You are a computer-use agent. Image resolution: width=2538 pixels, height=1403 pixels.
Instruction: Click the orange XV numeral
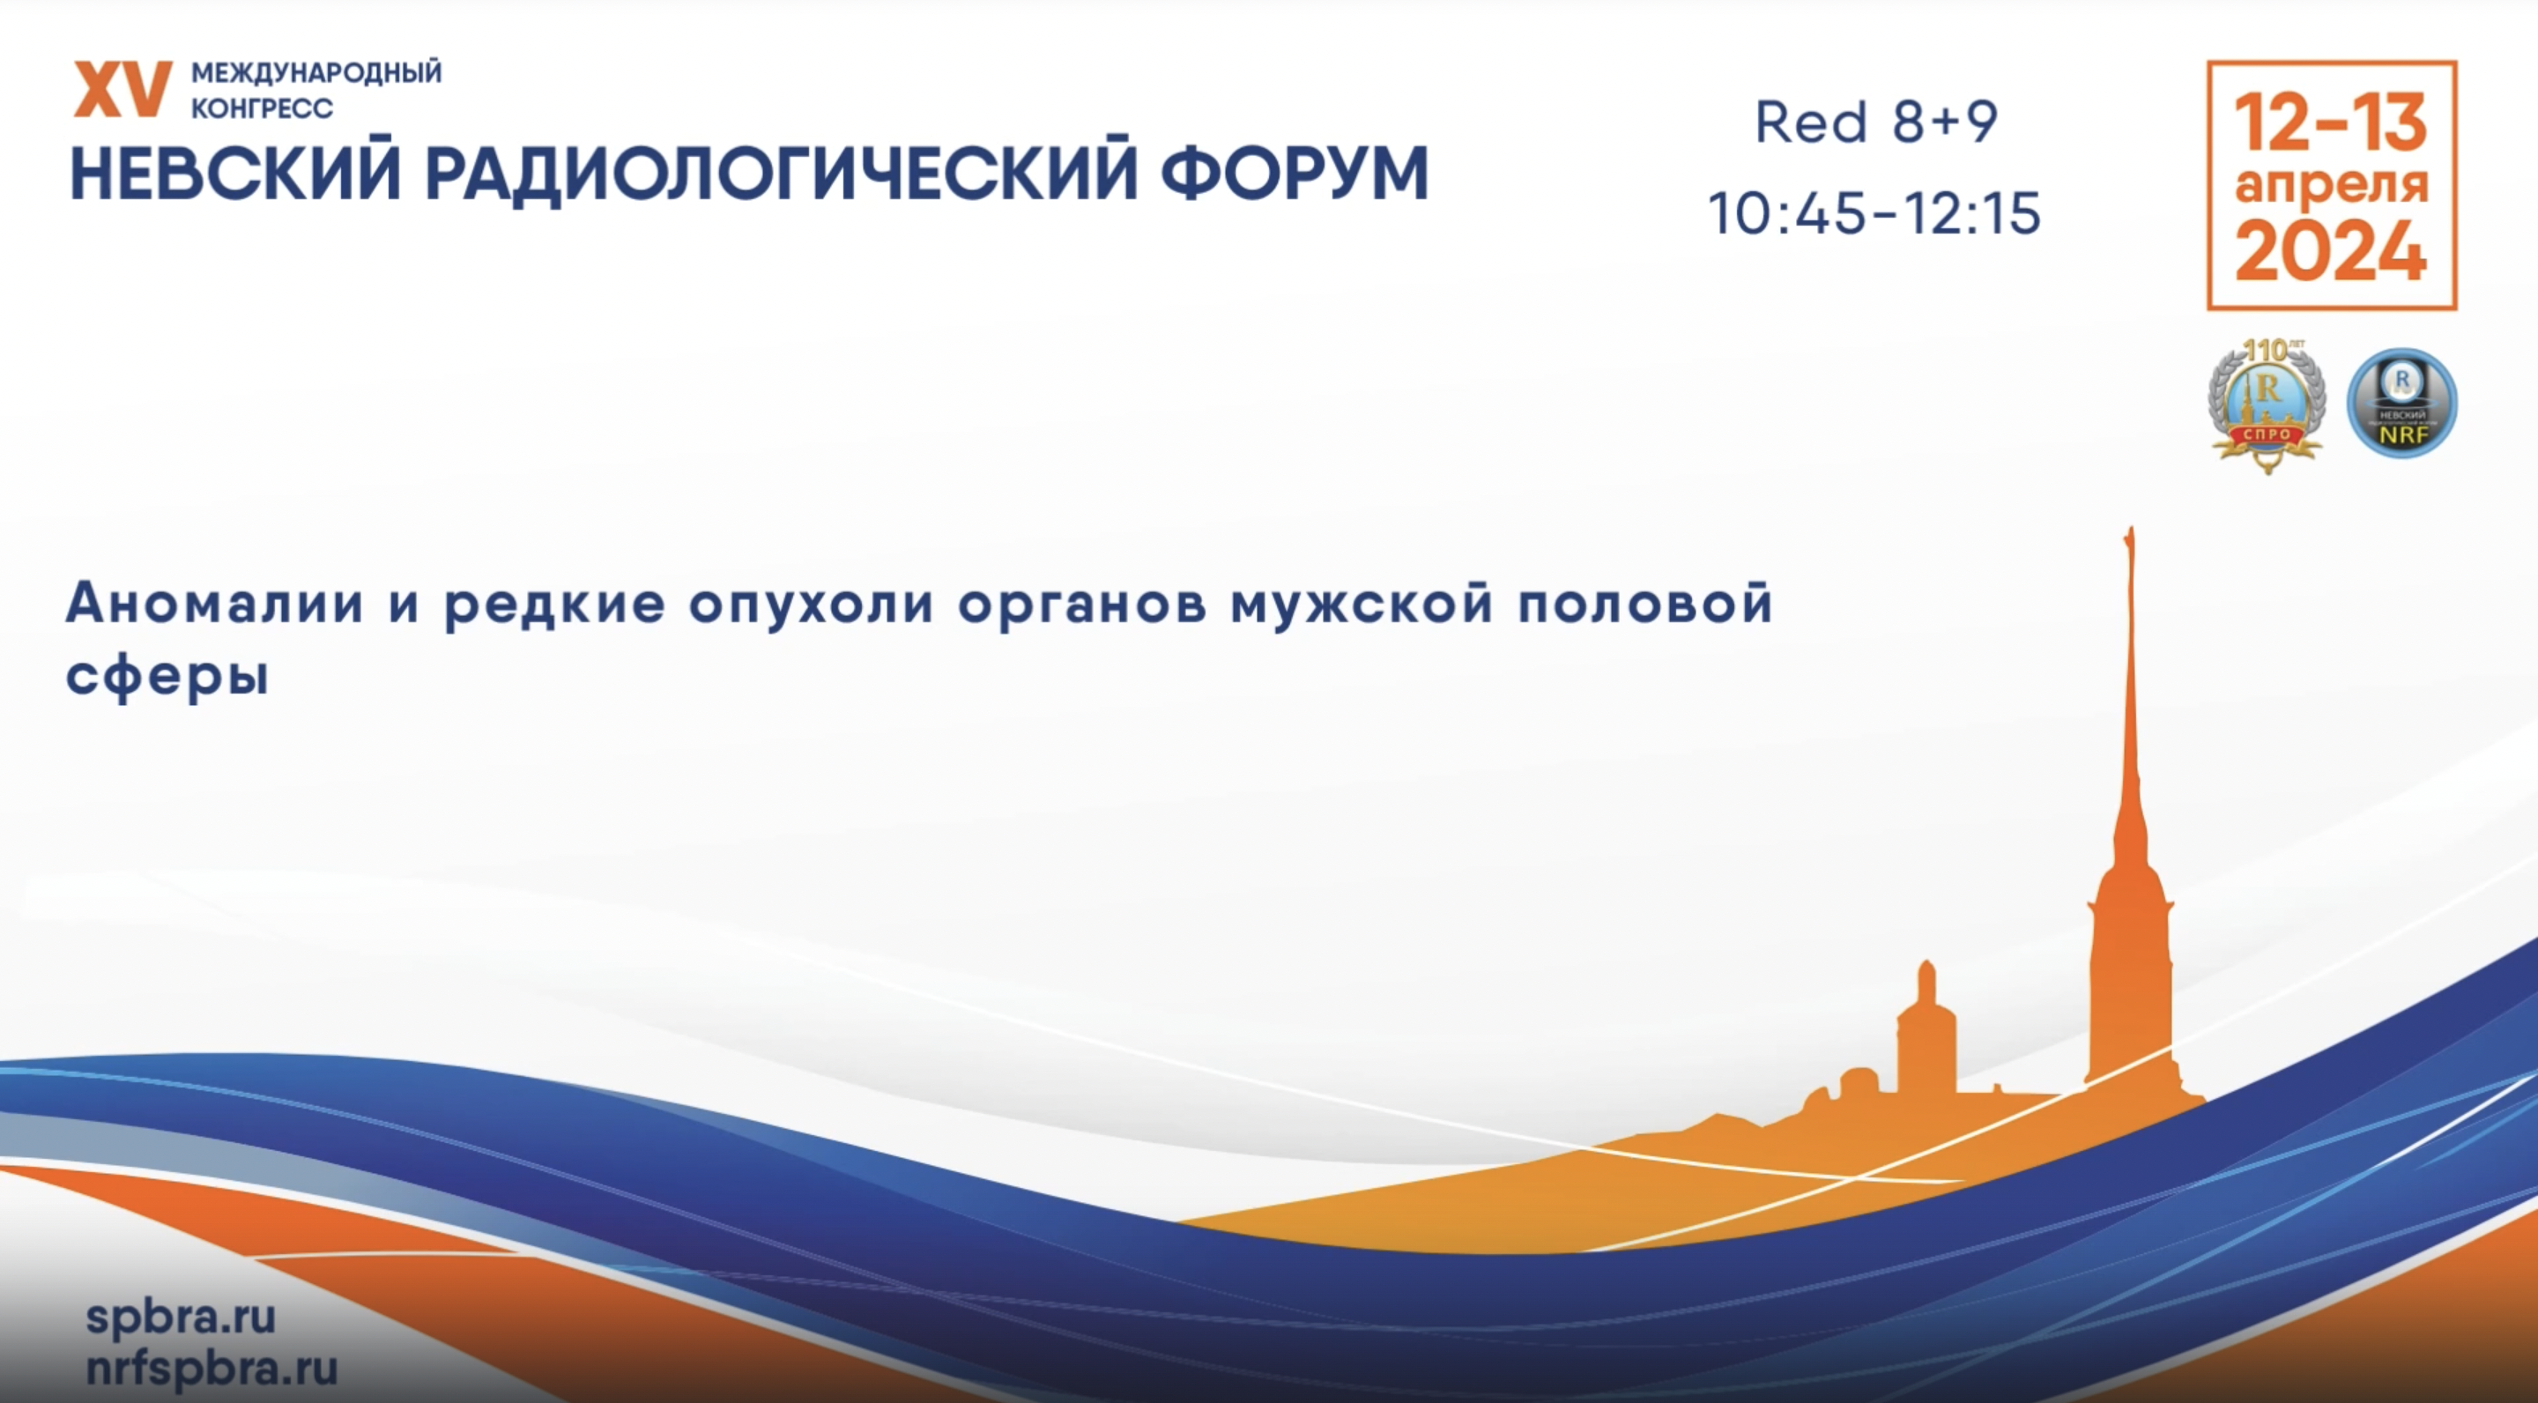[x=123, y=90]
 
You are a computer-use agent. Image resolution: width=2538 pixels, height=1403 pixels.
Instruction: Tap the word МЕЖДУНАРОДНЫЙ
[x=316, y=73]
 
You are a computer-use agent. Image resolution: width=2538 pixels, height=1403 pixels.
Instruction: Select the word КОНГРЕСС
[x=262, y=108]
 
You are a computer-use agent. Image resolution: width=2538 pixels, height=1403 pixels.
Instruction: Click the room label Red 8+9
[x=1876, y=122]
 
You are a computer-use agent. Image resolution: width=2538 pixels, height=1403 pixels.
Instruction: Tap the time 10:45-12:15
[x=1874, y=214]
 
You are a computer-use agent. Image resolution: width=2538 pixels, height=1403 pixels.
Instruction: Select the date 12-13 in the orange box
[x=2330, y=123]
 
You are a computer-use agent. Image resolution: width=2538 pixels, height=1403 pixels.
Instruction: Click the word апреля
[x=2331, y=186]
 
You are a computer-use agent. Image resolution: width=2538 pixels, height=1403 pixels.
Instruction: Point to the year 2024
[x=2330, y=251]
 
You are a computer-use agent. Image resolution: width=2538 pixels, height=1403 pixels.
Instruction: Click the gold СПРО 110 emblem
[x=2267, y=405]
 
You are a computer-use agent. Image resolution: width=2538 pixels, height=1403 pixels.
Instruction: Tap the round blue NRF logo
[x=2402, y=402]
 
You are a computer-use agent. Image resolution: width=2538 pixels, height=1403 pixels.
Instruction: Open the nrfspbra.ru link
[x=211, y=1368]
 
